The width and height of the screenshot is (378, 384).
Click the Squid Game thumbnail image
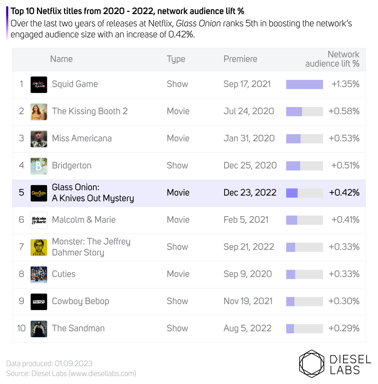39,85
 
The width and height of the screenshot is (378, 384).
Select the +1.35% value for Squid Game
345,84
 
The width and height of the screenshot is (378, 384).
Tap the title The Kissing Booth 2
90,111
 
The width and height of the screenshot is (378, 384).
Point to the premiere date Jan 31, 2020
249,138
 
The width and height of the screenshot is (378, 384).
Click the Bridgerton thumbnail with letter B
39,166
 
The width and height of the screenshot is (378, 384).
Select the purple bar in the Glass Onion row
292,193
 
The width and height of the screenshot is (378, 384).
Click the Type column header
176,59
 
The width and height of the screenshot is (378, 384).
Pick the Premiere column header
240,59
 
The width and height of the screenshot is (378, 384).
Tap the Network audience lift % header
332,59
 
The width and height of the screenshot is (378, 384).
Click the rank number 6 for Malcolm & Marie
21,220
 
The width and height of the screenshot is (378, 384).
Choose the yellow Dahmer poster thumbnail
39,247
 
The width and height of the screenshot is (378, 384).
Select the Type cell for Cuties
178,274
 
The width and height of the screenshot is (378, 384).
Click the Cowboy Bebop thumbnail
39,302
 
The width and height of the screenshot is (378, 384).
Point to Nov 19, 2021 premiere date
248,301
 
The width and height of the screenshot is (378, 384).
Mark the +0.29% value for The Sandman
344,328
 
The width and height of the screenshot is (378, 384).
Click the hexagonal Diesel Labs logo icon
312,364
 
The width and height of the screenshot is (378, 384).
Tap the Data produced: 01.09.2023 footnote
49,363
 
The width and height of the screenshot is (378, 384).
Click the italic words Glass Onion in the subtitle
198,23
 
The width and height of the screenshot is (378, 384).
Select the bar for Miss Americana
293,139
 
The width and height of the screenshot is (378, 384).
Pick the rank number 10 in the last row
21,328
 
